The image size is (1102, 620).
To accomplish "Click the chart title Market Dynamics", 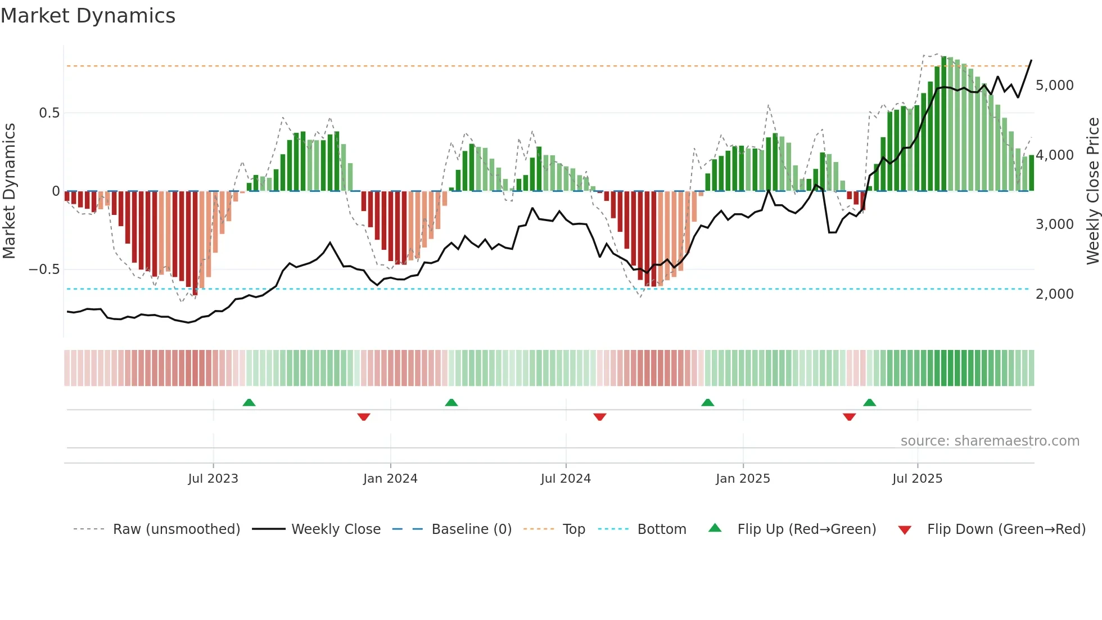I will (x=88, y=16).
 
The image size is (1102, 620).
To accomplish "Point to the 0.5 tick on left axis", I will (x=49, y=113).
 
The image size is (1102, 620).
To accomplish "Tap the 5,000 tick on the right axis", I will (x=1054, y=86).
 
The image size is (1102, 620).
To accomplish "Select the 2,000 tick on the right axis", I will (x=1054, y=294).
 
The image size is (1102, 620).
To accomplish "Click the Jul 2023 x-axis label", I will (x=213, y=479).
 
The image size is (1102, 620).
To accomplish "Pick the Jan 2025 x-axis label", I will (x=743, y=479).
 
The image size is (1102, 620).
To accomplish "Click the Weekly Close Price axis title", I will (x=1092, y=191).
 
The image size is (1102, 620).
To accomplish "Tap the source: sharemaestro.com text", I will (x=990, y=441).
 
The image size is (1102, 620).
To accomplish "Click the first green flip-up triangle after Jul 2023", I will (x=249, y=402).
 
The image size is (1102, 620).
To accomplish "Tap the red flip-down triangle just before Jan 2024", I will (x=364, y=417).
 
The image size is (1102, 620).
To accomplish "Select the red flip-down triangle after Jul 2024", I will (x=600, y=417).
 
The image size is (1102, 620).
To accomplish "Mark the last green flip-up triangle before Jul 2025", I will (x=869, y=402).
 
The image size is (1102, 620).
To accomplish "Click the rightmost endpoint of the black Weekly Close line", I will (x=1031, y=60).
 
